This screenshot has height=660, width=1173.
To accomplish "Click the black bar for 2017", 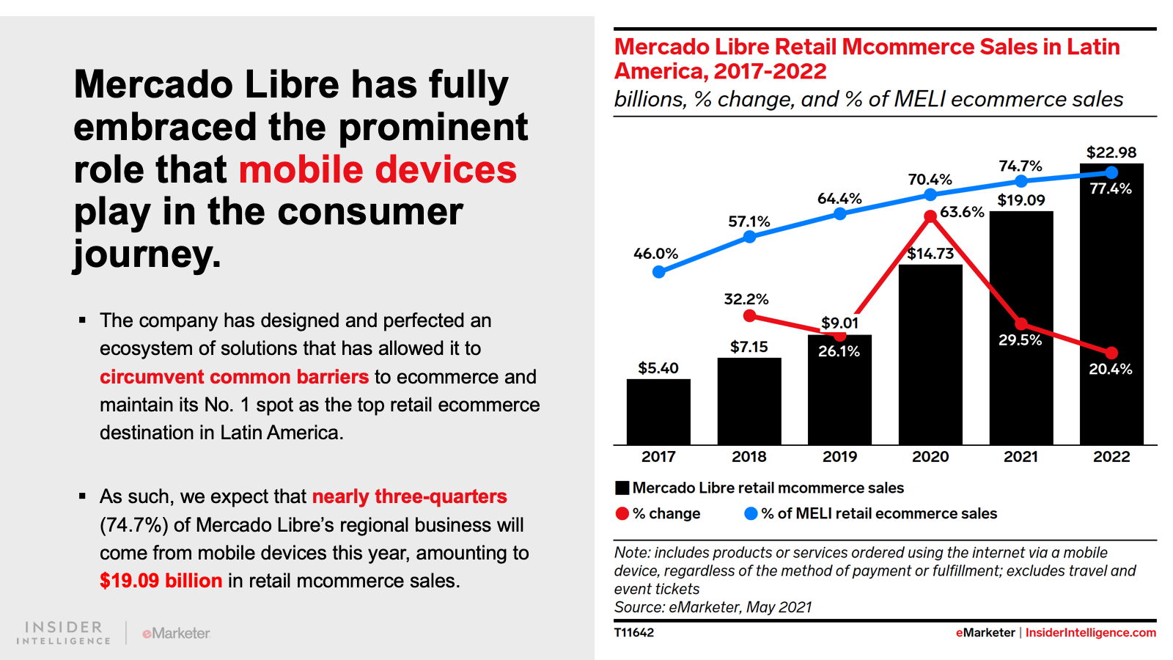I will (x=658, y=411).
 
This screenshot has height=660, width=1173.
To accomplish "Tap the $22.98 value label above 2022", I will (x=1111, y=153).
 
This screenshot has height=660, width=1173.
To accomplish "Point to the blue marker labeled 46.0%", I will (x=659, y=272).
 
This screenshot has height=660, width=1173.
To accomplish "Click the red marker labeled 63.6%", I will (x=930, y=216).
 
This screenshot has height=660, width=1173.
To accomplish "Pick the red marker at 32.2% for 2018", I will (x=749, y=316).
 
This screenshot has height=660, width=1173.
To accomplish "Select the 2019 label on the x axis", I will (x=839, y=457).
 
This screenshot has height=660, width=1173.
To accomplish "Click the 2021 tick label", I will (x=1021, y=457).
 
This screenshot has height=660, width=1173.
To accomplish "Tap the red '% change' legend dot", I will (x=622, y=514).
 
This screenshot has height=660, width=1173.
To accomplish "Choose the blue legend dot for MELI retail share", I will (x=751, y=514).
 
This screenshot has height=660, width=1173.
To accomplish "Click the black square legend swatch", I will (x=622, y=488).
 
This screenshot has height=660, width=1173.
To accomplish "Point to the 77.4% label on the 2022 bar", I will (x=1111, y=188).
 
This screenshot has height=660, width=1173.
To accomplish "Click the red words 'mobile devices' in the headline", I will (x=378, y=169).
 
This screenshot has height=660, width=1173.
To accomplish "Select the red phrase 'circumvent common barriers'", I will (x=234, y=377).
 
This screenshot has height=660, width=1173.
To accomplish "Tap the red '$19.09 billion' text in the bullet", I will (x=161, y=581).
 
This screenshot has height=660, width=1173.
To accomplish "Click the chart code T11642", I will (x=634, y=633).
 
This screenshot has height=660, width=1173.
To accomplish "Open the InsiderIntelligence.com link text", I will (x=1090, y=633).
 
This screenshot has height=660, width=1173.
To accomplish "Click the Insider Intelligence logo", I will (x=64, y=632).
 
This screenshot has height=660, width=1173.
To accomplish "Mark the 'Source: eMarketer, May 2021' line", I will (x=713, y=607).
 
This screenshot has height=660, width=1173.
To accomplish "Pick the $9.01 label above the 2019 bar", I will (x=839, y=323).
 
